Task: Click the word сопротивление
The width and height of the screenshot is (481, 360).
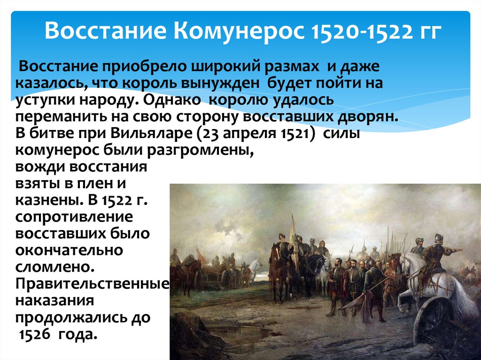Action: [x=74, y=217]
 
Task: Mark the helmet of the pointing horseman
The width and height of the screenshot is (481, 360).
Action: [x=438, y=237]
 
